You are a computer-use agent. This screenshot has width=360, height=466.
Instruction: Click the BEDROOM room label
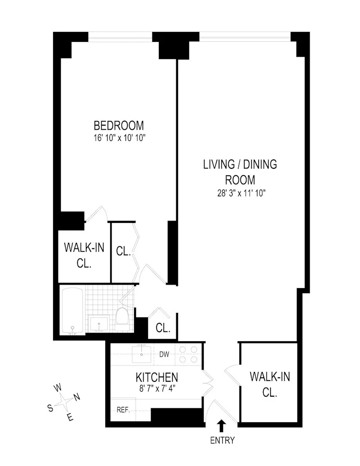pyautogui.click(x=118, y=125)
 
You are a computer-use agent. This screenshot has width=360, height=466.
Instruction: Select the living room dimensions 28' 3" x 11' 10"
pyautogui.click(x=240, y=193)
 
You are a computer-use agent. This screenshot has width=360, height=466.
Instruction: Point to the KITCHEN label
pyautogui.click(x=157, y=377)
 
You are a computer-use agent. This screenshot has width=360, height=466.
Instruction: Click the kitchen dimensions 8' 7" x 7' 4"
pyautogui.click(x=157, y=389)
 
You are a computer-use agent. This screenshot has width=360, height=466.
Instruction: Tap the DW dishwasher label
pyautogui.click(x=164, y=354)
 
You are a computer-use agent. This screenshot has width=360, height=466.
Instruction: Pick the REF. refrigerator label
pyautogui.click(x=123, y=410)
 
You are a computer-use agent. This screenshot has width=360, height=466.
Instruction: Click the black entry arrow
pyautogui.click(x=221, y=426)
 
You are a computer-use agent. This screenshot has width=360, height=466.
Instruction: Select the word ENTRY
pyautogui.click(x=222, y=441)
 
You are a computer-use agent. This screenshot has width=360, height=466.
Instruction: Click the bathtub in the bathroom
pyautogui.click(x=72, y=311)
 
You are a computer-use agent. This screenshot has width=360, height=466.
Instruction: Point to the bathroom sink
pyautogui.click(x=99, y=323)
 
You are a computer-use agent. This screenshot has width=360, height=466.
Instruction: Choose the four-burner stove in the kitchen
pyautogui.click(x=188, y=354)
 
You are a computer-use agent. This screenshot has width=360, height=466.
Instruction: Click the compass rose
pyautogui.click(x=66, y=401)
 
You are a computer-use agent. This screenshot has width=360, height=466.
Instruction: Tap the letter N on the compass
pyautogui.click(x=76, y=397)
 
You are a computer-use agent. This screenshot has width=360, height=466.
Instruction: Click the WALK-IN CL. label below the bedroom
pyautogui.click(x=84, y=255)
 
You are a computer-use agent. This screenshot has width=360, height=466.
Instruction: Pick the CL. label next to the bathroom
pyautogui.click(x=163, y=328)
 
